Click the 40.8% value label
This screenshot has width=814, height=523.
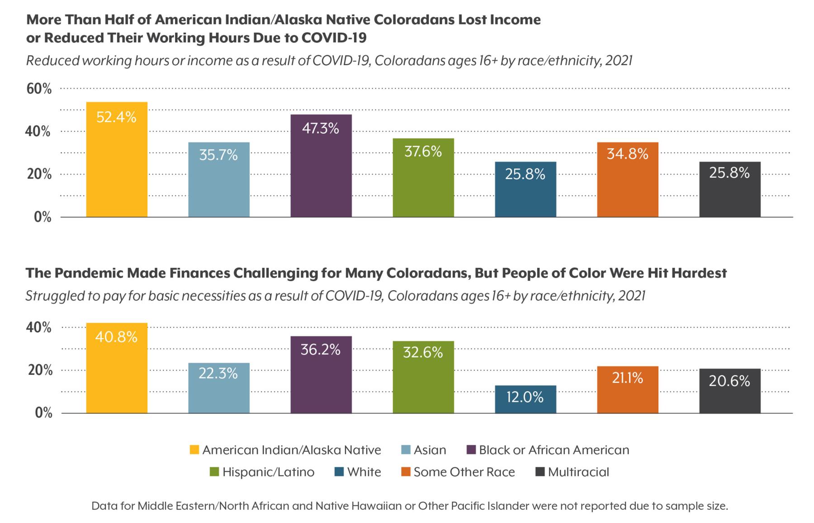[116, 337]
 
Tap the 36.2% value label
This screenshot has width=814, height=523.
[321, 349]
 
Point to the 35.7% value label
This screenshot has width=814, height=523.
[218, 155]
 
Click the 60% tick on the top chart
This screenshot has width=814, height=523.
[39, 89]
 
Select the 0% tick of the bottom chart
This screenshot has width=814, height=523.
[44, 413]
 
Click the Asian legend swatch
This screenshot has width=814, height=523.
[406, 450]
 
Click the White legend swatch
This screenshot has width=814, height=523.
[339, 472]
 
